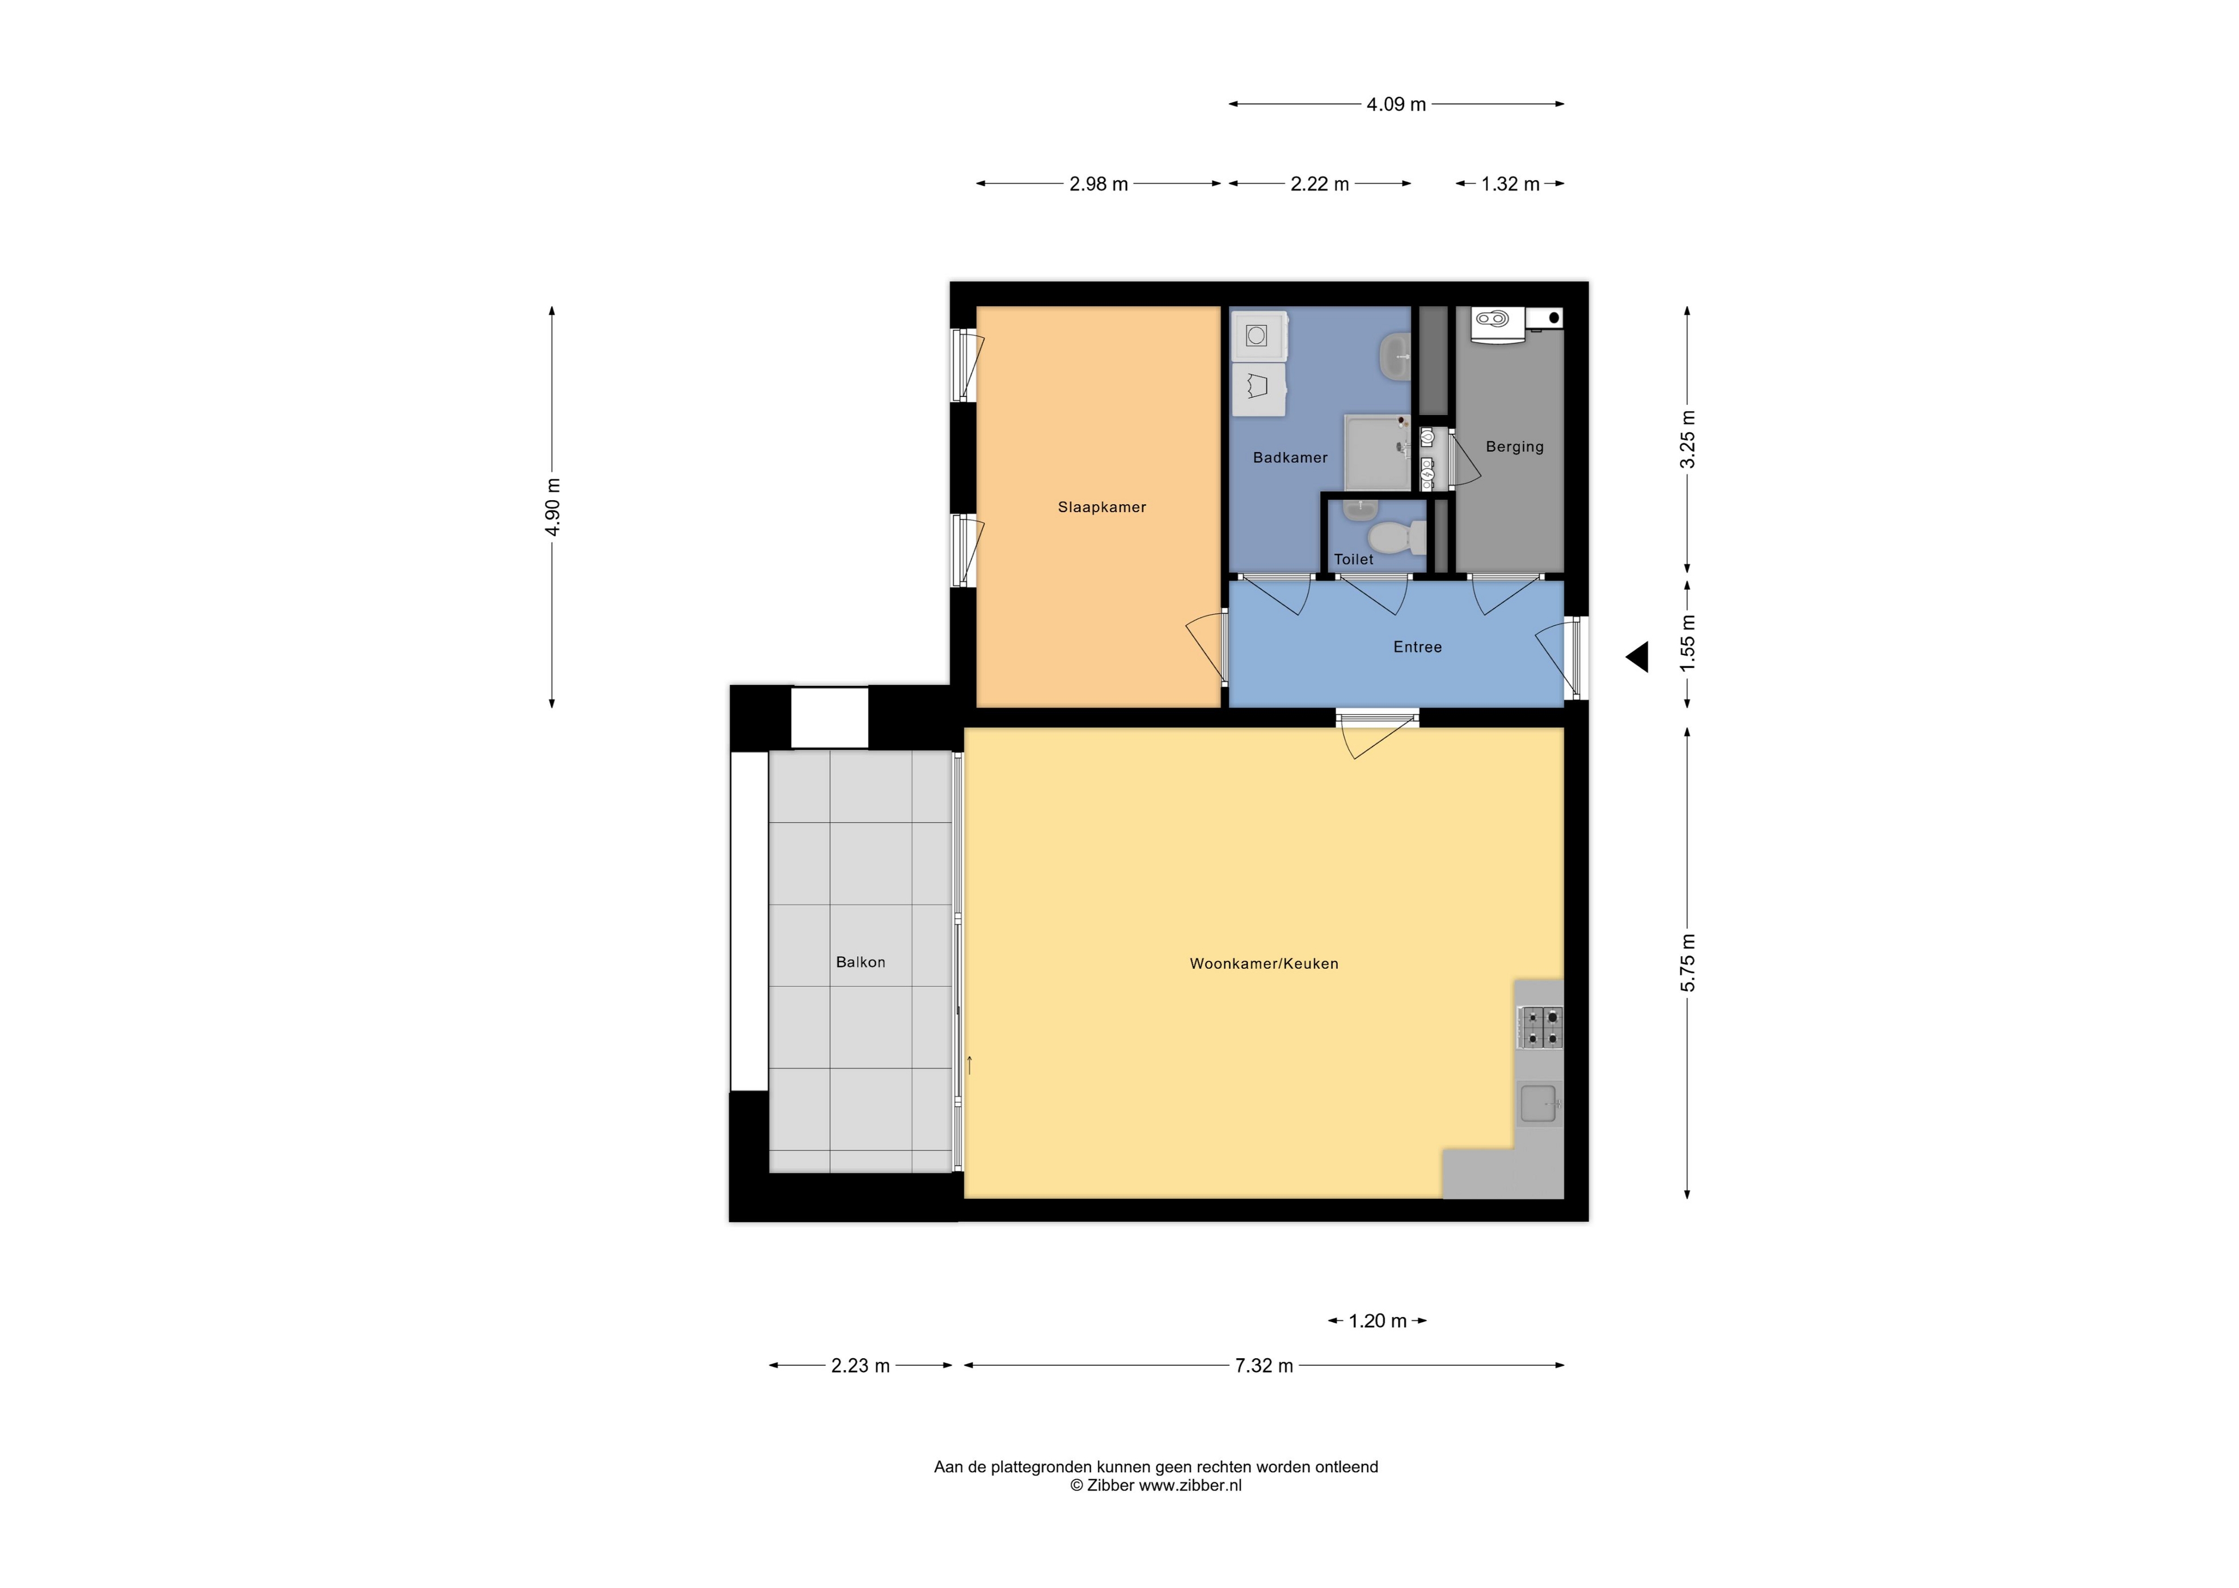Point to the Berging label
click(1515, 447)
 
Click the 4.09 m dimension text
click(1396, 104)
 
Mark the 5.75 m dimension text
click(1688, 963)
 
